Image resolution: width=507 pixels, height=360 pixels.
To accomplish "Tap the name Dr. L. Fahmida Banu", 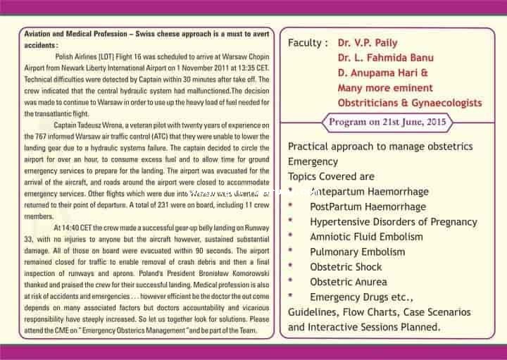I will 384,58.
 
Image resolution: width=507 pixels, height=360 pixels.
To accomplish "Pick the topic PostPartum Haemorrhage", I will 368,206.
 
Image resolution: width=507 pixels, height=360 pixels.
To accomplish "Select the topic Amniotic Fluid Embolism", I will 367,237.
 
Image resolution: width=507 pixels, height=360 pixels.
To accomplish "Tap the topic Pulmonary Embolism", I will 357,252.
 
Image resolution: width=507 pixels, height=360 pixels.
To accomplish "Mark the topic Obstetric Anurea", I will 349,282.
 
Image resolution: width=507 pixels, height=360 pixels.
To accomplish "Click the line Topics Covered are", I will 331,176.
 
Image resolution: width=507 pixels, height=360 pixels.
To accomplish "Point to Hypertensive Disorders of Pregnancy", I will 394,222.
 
